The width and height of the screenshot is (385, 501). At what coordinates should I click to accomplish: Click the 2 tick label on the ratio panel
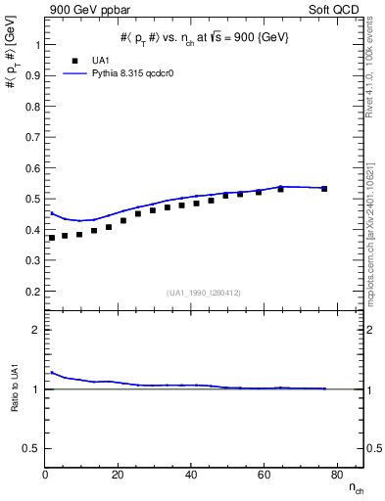pyautogui.click(x=36, y=330)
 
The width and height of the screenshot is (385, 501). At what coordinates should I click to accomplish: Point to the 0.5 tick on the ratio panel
pyautogui.click(x=31, y=448)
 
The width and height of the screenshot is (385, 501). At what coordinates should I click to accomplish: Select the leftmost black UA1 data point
pyautogui.click(x=52, y=238)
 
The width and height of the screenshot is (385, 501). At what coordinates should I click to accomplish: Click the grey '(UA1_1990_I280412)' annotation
pyautogui.click(x=204, y=293)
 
